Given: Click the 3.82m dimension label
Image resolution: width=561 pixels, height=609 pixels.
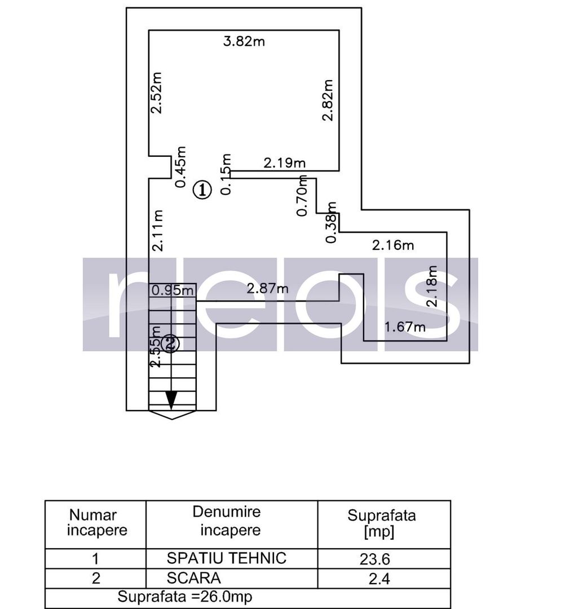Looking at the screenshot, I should (244, 42).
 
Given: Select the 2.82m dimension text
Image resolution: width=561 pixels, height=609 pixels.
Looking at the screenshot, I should (327, 100).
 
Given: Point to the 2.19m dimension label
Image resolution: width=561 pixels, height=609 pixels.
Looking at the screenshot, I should (285, 164).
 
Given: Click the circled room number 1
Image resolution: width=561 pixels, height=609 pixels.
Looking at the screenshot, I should (202, 190).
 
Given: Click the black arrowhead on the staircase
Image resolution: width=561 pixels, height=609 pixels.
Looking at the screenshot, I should (171, 400).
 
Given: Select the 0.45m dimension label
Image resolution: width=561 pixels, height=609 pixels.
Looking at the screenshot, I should (180, 167).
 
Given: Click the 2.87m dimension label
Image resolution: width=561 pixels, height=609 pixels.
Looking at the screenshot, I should (267, 289).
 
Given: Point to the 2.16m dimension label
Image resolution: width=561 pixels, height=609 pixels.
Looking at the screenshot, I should (393, 245).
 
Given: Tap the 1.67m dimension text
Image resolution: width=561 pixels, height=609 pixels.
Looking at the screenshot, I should (405, 326).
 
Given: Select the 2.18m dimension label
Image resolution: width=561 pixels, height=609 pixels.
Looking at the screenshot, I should (432, 286).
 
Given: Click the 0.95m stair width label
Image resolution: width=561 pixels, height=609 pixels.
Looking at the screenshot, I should (173, 291).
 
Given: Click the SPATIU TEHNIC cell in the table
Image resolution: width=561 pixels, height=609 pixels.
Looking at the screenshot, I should (227, 558).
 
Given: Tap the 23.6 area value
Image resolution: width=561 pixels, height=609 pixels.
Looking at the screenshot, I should (375, 559).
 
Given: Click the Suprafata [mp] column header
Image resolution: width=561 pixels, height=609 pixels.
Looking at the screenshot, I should (381, 523).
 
